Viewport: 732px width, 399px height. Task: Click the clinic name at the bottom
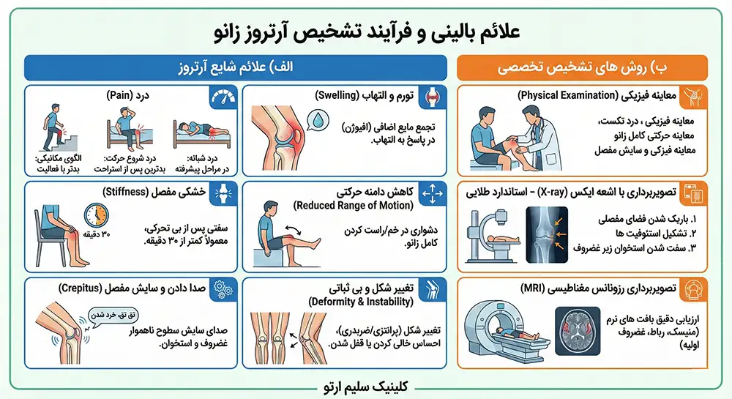click(x=366, y=386)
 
